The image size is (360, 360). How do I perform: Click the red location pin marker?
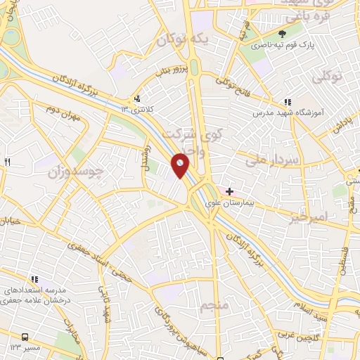pyautogui.click(x=180, y=166)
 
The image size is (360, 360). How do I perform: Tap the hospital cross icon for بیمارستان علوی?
pyautogui.click(x=229, y=191)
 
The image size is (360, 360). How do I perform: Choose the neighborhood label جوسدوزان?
pyautogui.click(x=75, y=171)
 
